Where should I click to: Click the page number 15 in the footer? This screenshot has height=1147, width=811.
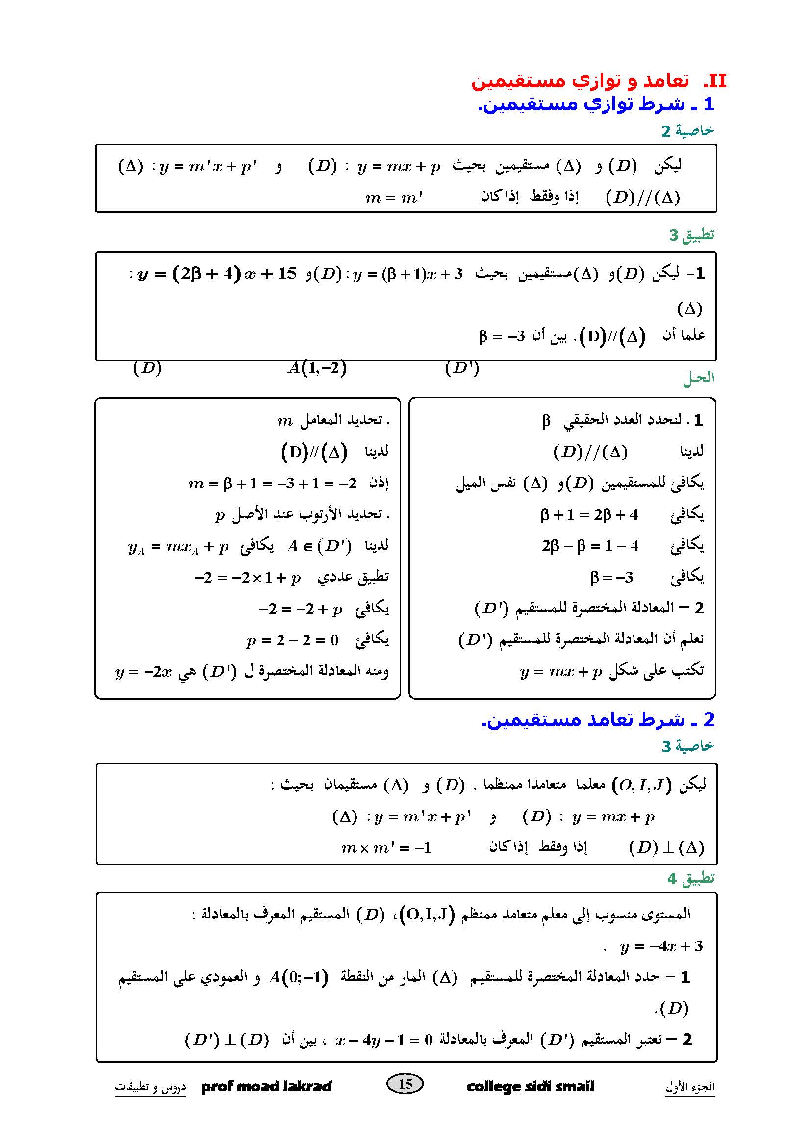405,1084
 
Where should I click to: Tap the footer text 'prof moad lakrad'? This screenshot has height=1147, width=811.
266,1087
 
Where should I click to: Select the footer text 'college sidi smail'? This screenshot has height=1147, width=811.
531,1087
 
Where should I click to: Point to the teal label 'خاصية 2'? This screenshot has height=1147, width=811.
687,131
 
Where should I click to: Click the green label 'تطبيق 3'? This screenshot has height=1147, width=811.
692,235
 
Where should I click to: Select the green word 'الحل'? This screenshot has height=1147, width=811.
699,378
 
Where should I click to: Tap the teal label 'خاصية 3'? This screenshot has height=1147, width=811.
687,746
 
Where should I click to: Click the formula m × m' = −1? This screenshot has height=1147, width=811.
385,848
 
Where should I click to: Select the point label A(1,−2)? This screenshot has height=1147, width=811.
317,368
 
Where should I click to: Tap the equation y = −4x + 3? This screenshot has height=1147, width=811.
660,946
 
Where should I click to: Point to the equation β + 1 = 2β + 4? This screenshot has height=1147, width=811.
589,514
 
